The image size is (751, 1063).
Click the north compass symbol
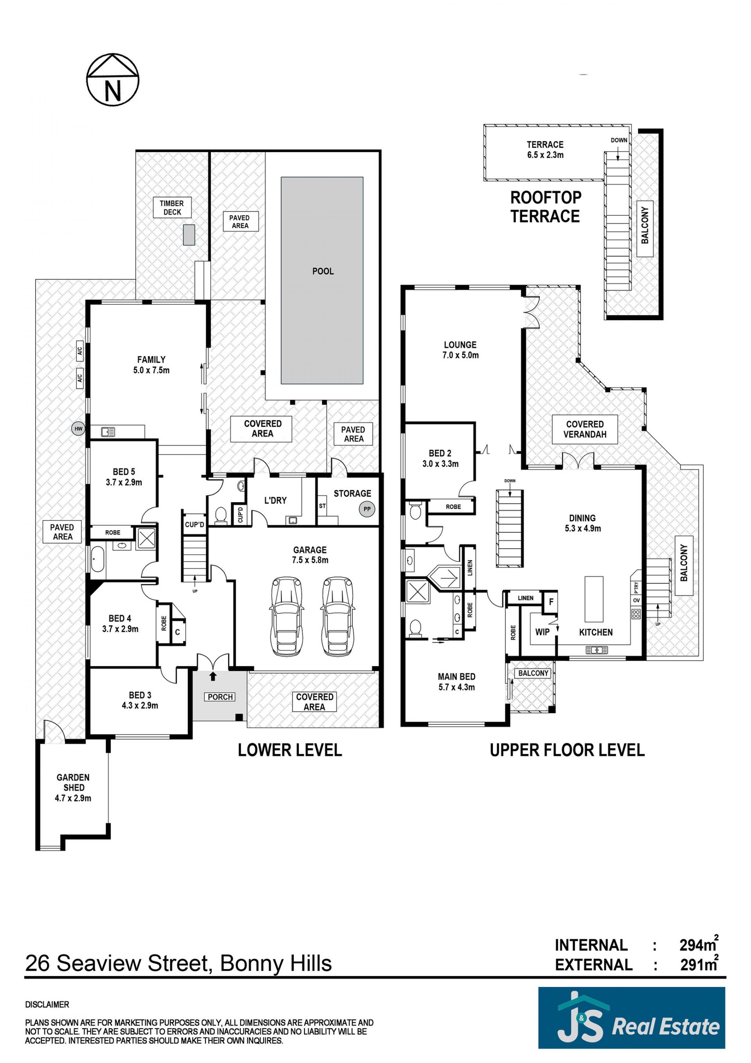point(112,79)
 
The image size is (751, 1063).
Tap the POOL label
point(323,271)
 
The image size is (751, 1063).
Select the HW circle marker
point(79,429)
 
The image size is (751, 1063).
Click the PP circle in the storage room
point(367,509)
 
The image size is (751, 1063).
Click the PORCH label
point(220,697)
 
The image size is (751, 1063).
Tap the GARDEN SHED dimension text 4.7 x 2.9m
point(73,798)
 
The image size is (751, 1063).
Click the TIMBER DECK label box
point(172,207)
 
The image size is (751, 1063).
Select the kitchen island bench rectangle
point(594,599)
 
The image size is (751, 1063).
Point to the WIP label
point(542,632)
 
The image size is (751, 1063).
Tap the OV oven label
point(636,600)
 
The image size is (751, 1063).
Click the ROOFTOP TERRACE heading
point(546,207)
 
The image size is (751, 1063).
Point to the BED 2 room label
point(440,453)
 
